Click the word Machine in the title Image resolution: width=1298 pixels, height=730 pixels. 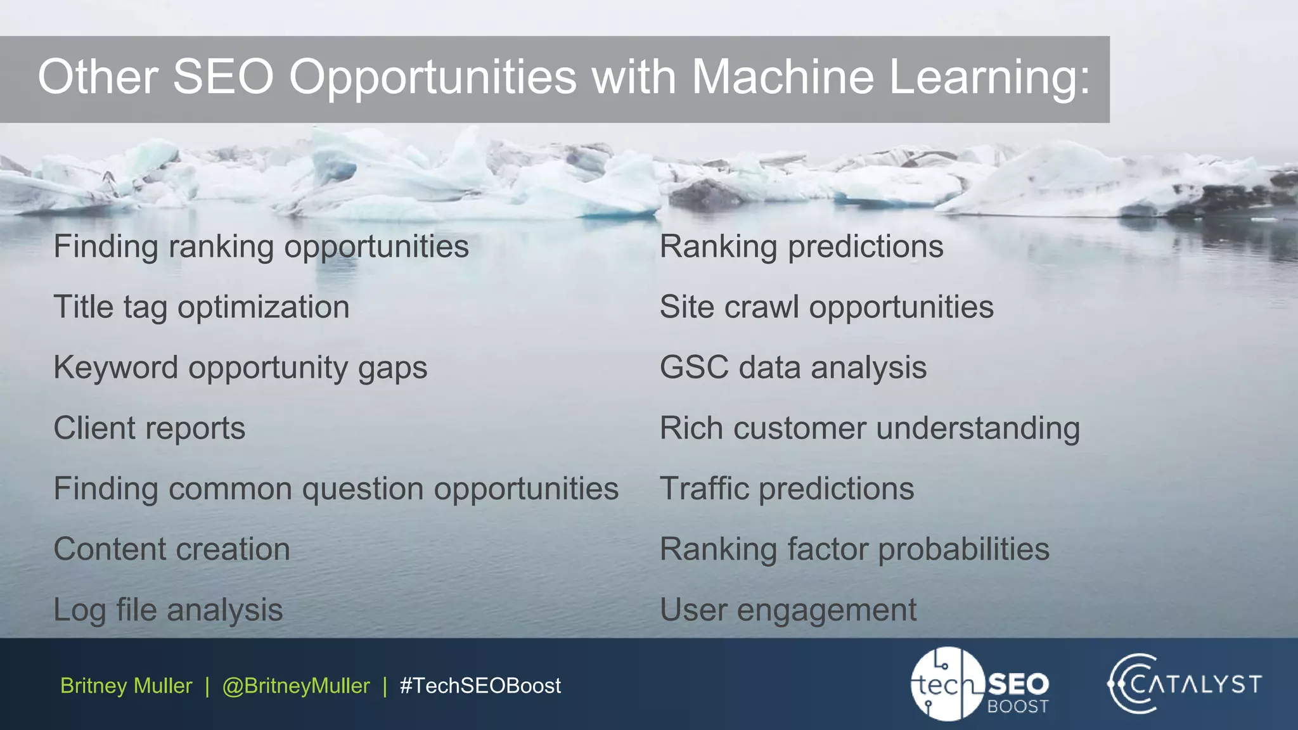(782, 77)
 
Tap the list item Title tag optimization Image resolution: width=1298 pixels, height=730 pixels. (201, 307)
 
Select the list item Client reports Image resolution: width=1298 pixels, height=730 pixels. (149, 428)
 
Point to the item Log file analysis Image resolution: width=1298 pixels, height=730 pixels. (168, 610)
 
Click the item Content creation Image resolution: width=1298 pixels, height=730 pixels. (172, 549)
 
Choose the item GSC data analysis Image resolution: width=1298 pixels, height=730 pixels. (793, 368)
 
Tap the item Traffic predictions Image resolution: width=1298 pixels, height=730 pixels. (787, 489)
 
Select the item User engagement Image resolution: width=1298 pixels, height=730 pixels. (788, 610)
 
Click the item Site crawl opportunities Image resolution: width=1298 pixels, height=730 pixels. (826, 307)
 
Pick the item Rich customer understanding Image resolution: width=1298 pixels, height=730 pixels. (870, 428)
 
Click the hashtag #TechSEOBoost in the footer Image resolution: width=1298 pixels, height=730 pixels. (480, 686)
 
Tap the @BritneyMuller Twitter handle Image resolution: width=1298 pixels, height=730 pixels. (296, 686)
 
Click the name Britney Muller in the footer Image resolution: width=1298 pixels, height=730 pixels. (126, 686)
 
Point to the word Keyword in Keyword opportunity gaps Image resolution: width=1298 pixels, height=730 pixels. (115, 368)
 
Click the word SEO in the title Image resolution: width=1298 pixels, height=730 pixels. (223, 77)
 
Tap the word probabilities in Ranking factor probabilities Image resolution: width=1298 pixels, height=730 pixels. (963, 549)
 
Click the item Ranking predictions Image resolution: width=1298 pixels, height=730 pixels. (801, 247)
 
